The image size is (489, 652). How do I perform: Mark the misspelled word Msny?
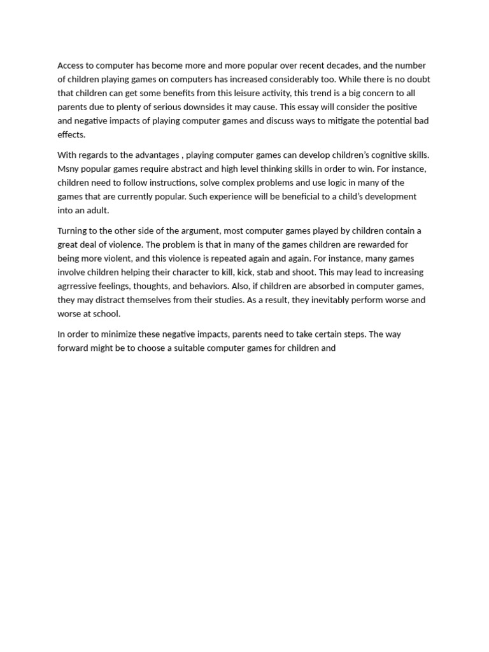tap(69, 169)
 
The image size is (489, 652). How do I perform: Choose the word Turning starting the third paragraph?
tap(73, 230)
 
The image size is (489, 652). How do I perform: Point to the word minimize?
tap(120, 334)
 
